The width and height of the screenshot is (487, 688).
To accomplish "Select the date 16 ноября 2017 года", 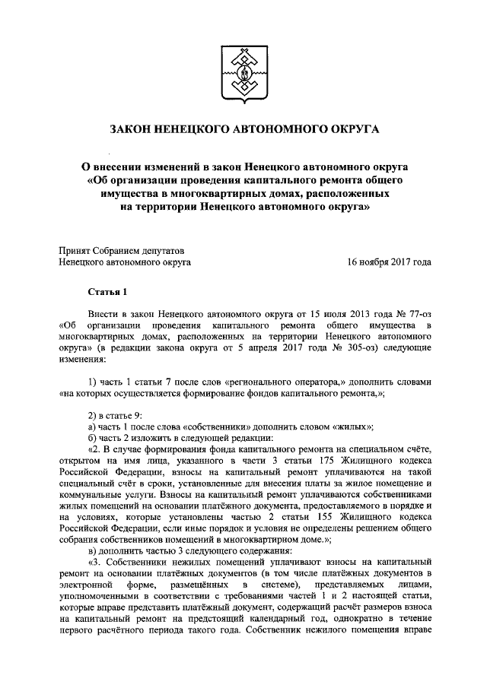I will [x=390, y=262].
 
